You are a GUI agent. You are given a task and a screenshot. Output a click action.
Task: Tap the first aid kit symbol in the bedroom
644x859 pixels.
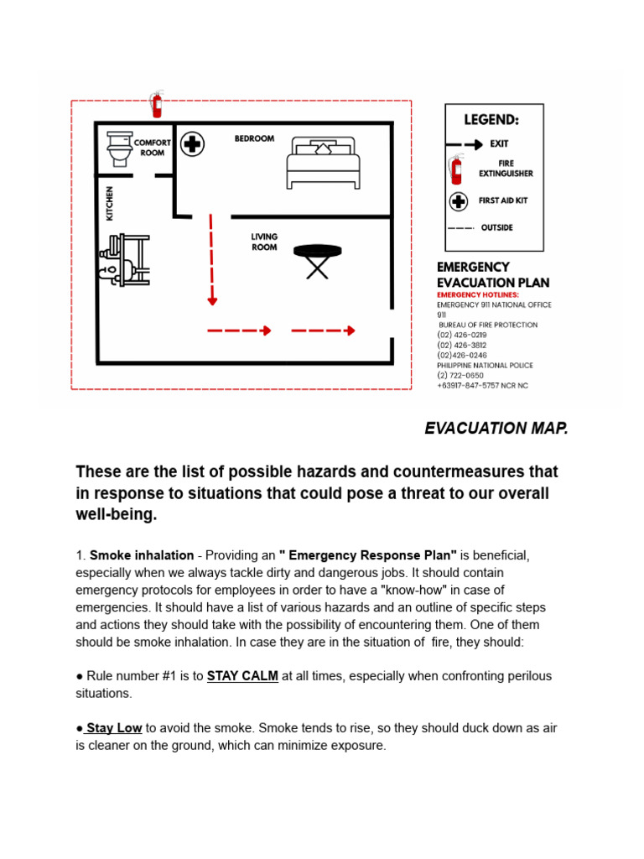193,143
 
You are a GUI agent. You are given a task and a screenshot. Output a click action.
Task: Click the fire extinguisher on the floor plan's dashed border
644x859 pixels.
155,104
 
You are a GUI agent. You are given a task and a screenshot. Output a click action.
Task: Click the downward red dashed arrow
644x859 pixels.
212,260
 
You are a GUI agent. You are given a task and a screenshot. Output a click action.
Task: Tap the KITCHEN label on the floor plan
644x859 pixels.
109,204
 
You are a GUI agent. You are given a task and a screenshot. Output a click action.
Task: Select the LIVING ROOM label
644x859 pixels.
264,242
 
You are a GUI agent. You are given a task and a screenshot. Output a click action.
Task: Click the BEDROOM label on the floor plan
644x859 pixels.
254,138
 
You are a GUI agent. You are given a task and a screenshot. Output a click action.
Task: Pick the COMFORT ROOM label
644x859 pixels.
152,148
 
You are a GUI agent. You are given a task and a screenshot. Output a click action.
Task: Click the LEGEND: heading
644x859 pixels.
491,121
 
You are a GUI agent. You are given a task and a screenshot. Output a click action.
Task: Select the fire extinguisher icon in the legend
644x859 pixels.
456,169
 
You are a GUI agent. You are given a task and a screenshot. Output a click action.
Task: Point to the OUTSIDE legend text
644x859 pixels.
496,227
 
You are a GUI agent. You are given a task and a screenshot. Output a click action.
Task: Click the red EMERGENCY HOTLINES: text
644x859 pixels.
478,295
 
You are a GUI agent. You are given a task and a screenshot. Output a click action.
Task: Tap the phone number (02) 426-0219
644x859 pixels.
461,335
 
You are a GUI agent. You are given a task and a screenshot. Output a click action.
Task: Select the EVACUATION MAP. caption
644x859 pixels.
496,429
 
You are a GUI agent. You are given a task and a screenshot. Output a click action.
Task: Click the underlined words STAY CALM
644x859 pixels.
242,676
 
